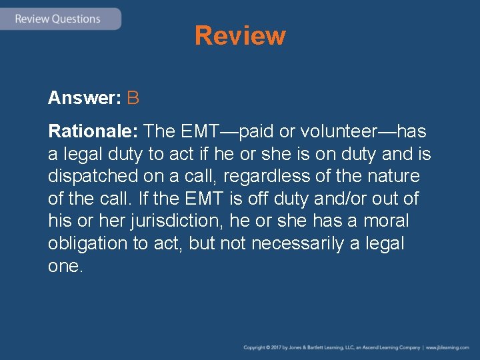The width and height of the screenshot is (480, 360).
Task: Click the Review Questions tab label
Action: coord(57,19)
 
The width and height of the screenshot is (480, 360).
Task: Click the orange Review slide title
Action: coord(240,35)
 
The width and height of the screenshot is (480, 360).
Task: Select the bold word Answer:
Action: coord(84,99)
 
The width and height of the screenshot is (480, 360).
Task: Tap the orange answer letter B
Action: coord(133,99)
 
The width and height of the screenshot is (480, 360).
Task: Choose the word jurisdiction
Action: coord(168,221)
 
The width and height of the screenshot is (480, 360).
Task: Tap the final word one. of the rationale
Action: coord(65,265)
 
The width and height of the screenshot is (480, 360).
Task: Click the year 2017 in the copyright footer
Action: coord(281,347)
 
